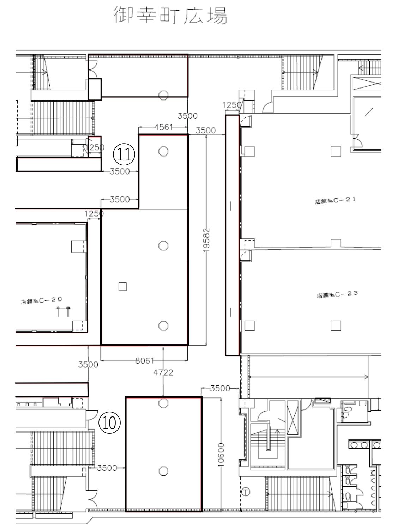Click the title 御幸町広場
170,15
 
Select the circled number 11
124,154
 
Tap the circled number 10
109,423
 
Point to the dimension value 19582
206,240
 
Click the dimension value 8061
144,361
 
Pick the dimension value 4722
163,372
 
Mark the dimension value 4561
163,127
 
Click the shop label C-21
335,200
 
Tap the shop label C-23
337,294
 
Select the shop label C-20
41,300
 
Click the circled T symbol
246,492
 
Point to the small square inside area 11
122,287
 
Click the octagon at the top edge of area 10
163,403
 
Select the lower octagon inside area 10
163,471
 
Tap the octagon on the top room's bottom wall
163,95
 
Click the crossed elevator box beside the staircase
293,420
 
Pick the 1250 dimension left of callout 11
95,147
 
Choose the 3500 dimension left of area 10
107,468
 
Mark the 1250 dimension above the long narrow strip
232,105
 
